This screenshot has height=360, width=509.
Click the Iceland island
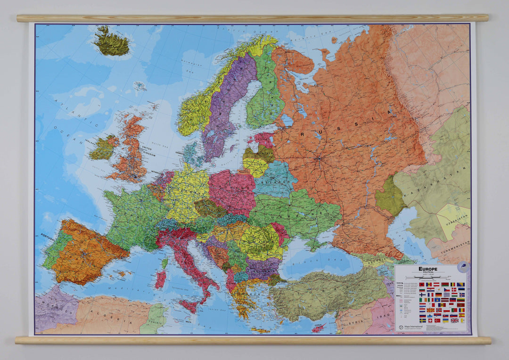[111, 42]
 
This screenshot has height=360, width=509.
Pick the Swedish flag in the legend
[423, 320]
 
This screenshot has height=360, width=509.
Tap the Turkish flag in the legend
[437, 320]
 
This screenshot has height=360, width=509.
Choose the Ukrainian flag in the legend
[445, 320]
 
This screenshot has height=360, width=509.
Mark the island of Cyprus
[319, 327]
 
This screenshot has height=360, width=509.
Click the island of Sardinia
[161, 279]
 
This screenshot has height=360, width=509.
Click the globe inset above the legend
[463, 266]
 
